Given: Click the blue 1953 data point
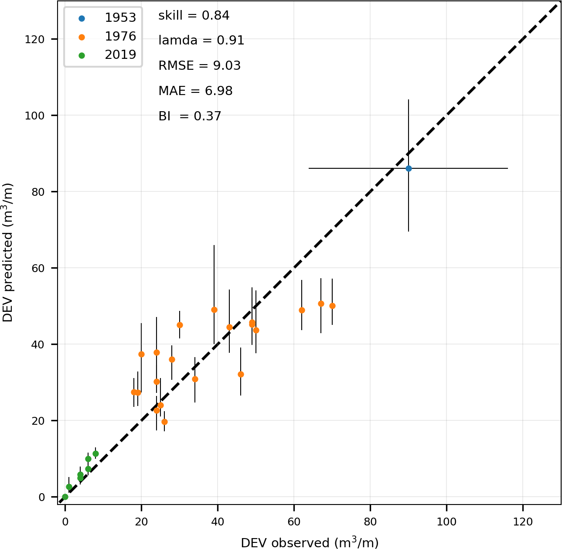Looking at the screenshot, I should point(409,168).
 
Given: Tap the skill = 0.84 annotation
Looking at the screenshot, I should point(194,16).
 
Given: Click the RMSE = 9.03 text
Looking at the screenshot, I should point(199,66).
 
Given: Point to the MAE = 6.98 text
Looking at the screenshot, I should point(195,91).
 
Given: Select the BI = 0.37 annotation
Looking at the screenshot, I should point(190,116).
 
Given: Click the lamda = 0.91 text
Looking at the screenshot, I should point(201,41).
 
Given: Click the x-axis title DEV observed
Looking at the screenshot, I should point(310,542).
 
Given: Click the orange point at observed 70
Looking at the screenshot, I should point(332,306).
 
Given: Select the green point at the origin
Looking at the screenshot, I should point(65,497).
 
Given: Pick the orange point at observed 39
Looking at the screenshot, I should point(214,310).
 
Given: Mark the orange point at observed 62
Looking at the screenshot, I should point(302,310).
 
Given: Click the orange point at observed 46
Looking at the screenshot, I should point(241,374).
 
